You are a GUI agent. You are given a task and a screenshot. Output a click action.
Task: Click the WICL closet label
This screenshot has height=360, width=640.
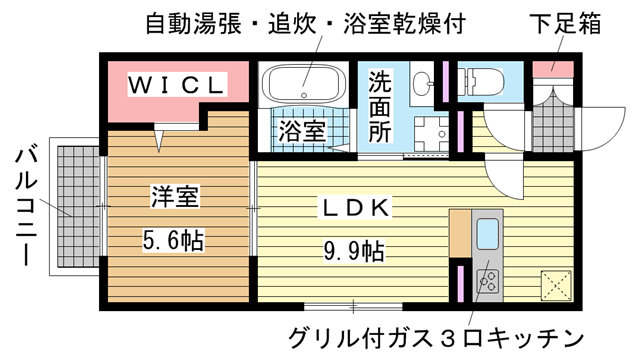coord(176,85)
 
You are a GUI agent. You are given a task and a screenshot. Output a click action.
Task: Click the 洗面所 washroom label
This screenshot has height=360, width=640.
coord(381,106)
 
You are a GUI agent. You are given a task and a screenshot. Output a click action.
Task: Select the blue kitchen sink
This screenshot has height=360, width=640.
coord(487,236)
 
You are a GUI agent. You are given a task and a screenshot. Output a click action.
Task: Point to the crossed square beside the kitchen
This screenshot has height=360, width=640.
coord(555,284)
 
